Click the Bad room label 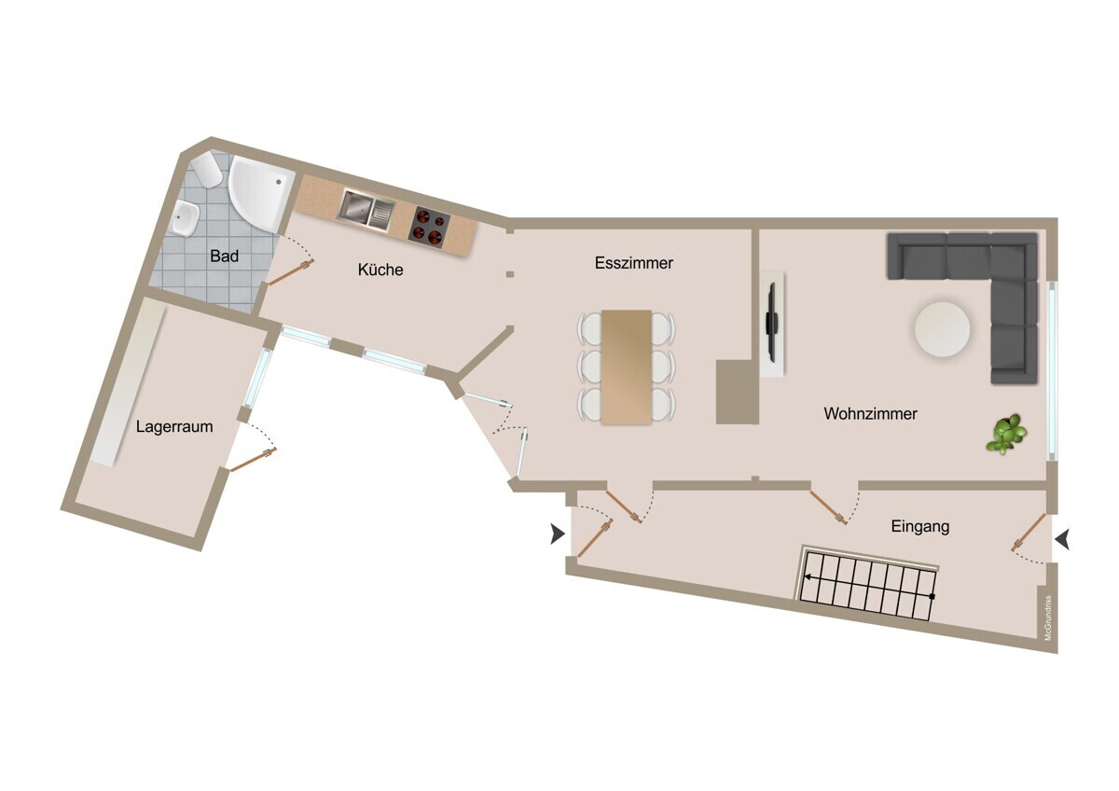(224, 257)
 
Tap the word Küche (380, 270)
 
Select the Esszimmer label (633, 263)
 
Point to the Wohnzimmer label (870, 414)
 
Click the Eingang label (920, 527)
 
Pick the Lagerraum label (174, 426)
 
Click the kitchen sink (366, 211)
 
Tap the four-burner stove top (429, 227)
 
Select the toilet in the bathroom (207, 170)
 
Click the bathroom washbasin (186, 218)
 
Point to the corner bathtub (260, 192)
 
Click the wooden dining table (627, 368)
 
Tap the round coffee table (942, 328)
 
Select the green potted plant (1006, 434)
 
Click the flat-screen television (772, 322)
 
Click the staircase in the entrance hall (868, 584)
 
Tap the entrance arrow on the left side (558, 534)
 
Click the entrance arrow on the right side (1062, 540)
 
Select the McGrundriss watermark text (1047, 618)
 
